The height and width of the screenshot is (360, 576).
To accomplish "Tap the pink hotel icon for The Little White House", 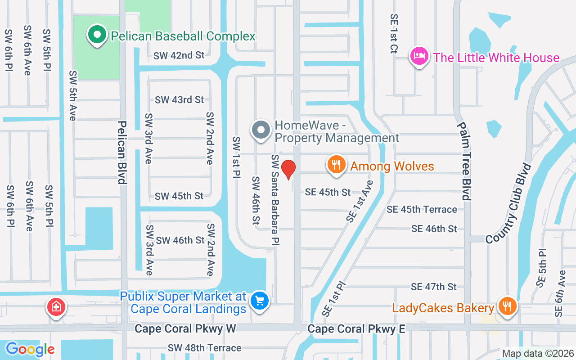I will (x=419, y=57).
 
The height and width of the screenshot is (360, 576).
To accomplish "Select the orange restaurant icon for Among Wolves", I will (x=336, y=165).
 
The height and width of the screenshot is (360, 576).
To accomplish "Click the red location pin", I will (x=288, y=169).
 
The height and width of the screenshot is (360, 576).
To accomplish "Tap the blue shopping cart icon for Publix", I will (x=259, y=301).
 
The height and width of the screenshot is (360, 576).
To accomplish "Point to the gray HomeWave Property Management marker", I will (x=261, y=130).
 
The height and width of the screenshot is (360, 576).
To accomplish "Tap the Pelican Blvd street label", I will (x=121, y=152).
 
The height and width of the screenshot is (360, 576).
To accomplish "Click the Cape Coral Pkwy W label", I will (x=185, y=329).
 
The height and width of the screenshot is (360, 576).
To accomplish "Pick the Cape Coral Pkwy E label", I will (x=356, y=329).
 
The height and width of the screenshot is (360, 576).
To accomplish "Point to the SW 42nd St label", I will (x=179, y=55).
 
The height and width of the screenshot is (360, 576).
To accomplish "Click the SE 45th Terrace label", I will (x=422, y=209).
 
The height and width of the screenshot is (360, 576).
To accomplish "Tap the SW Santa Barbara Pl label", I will (x=275, y=200).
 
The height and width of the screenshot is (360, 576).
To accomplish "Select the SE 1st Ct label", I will (x=394, y=34).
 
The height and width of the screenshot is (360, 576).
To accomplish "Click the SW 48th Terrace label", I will (x=205, y=348).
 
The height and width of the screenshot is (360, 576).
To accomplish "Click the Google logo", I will (x=30, y=349).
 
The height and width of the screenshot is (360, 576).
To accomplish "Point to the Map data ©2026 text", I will (x=538, y=353).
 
